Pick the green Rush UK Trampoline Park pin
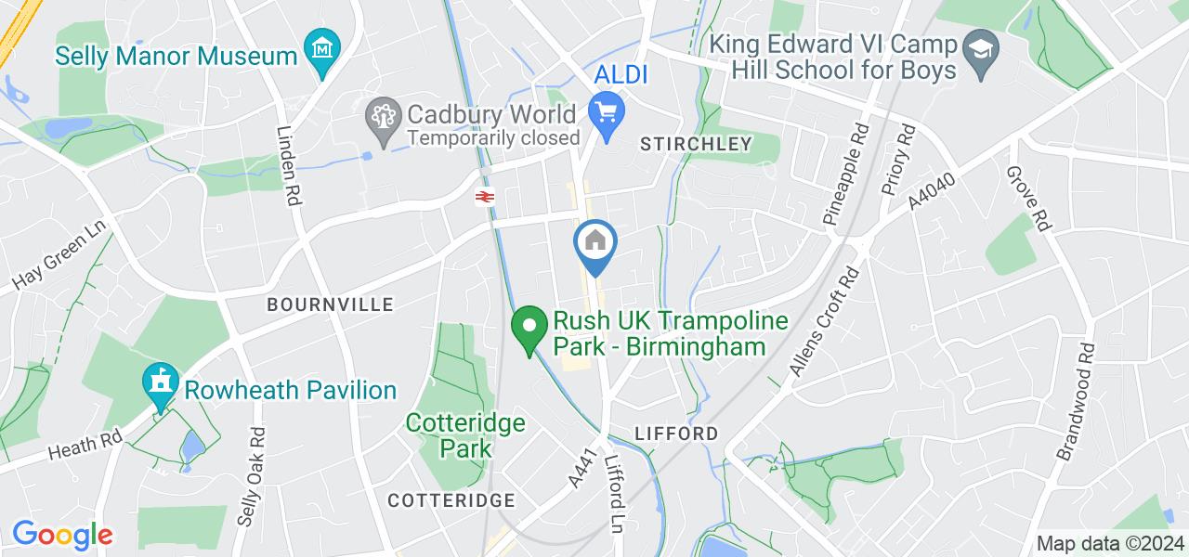529,329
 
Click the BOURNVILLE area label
330,304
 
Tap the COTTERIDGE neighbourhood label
451,500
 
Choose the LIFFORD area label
676,434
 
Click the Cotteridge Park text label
465,436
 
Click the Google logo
62,535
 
